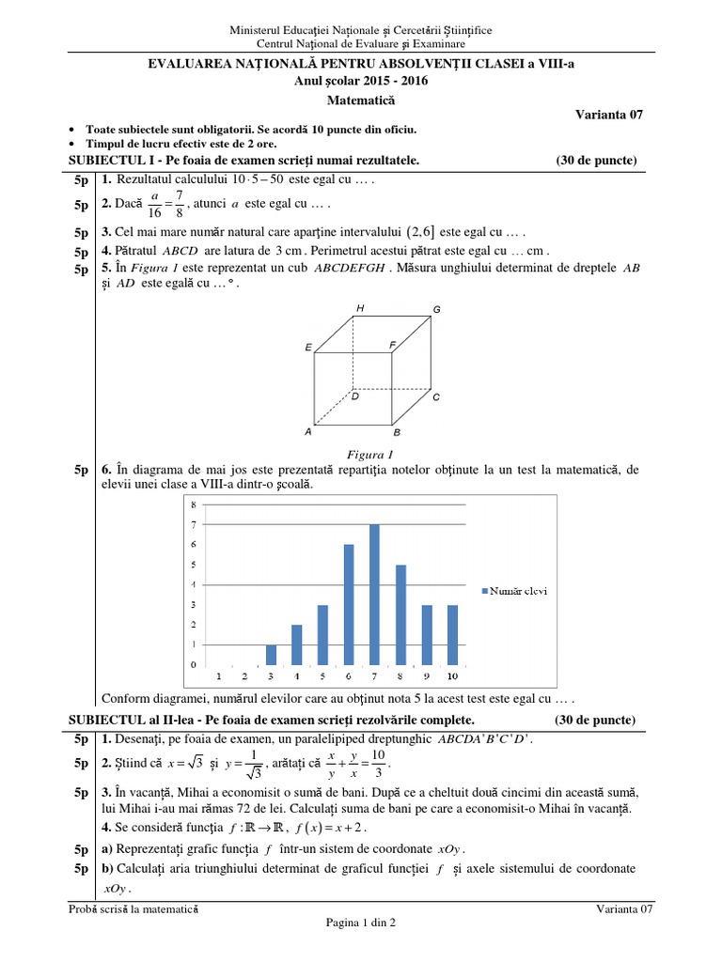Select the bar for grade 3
(x=272, y=654)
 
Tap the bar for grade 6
(x=349, y=604)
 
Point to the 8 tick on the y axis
(x=194, y=506)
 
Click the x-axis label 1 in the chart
(x=219, y=675)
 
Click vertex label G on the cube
(x=436, y=309)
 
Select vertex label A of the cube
(x=307, y=432)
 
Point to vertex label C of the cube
(x=436, y=397)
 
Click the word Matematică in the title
(x=360, y=98)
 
